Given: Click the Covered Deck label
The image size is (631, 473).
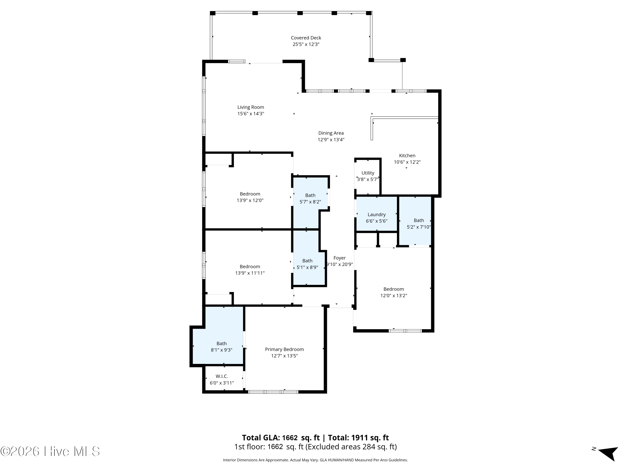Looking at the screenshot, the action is [x=306, y=38].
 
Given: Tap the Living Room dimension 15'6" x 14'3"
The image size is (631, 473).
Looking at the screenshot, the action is [x=251, y=114].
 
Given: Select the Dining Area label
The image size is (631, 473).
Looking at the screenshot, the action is [x=331, y=133].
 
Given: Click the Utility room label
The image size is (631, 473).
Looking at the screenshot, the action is [x=368, y=173].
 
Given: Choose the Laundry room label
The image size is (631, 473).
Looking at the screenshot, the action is [x=376, y=215].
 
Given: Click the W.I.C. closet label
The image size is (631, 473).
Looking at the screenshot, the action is [x=222, y=376].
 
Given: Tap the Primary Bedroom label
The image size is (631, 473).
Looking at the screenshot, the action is [x=284, y=349].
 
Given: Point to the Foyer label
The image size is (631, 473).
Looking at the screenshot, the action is [x=339, y=258].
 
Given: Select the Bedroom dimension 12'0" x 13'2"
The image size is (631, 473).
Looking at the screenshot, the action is [x=394, y=296].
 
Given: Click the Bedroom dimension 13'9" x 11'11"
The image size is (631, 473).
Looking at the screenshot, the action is [x=250, y=273].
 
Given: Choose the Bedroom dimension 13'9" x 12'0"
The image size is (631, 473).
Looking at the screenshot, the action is [x=250, y=200].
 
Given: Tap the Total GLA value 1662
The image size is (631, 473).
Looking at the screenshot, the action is [x=290, y=438].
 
